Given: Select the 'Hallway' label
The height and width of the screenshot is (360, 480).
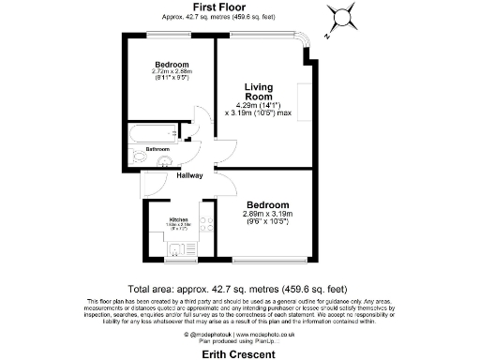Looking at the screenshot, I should coord(165,175).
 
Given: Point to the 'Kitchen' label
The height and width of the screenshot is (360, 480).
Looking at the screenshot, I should coord(179,219).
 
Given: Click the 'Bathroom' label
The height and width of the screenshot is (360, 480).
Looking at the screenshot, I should coord(157,149).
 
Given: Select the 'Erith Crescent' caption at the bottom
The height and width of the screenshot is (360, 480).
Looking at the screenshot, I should coord(238,354).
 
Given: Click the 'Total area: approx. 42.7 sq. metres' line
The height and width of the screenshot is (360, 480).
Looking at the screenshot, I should coord(239,288).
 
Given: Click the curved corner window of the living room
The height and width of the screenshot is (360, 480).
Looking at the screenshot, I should coord(302,44).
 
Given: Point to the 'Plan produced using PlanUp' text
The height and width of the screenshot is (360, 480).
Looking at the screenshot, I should coord(238,338).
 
